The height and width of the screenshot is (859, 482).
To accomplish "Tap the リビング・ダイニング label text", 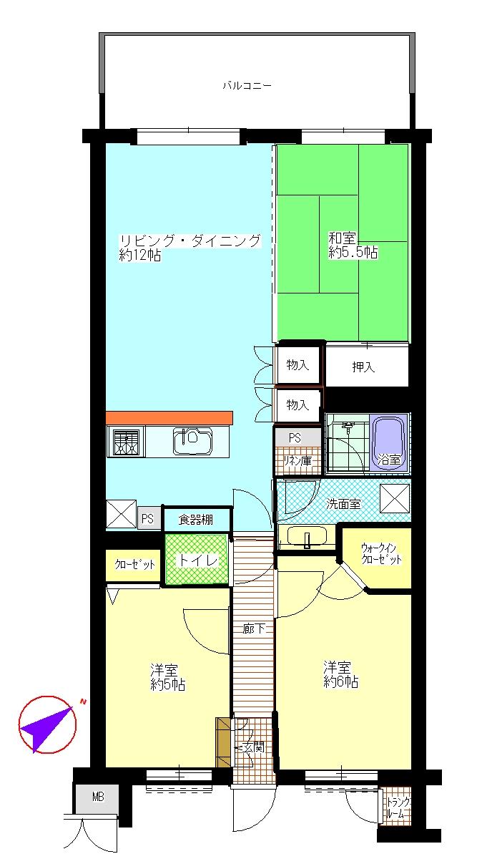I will coord(190,241).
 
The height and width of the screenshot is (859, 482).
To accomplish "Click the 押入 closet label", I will coord(363,367).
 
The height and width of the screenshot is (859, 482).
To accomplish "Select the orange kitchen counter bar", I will coord(169,417).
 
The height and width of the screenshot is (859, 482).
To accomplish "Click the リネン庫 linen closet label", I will coord(295,461).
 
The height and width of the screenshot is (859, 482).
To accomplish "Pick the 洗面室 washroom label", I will coord(343,504).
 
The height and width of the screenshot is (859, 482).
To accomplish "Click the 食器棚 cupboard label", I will coord(195,520).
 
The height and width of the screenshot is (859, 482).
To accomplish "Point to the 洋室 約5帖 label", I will coord(167,678).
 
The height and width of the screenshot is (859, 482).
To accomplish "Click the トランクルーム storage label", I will coord(395,808).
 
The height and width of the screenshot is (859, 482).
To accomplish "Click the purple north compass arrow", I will coord(46,724).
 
